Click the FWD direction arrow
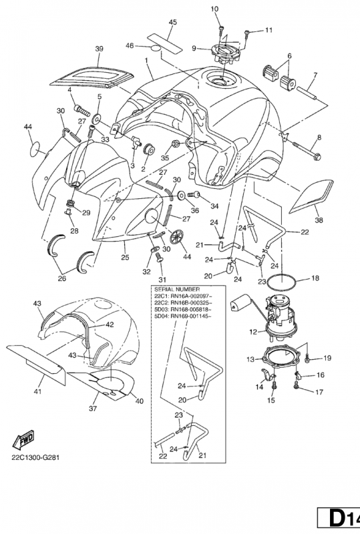click(24, 439)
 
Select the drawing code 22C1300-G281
click(35, 457)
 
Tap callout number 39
click(99, 49)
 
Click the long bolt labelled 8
click(306, 151)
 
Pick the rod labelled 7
click(306, 93)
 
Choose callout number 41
click(37, 391)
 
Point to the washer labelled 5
click(97, 119)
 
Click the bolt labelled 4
click(81, 110)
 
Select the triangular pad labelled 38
click(311, 196)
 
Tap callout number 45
click(173, 23)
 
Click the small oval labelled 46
click(156, 47)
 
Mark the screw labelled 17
click(297, 385)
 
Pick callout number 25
click(125, 258)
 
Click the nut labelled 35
click(176, 144)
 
